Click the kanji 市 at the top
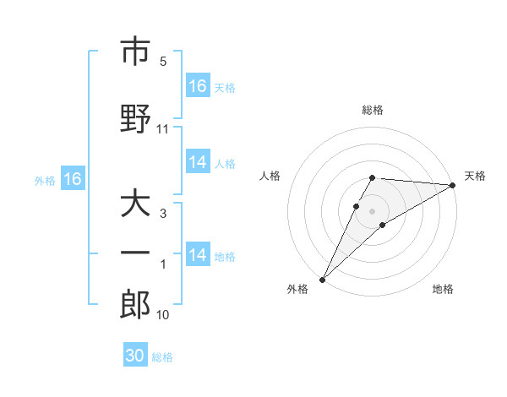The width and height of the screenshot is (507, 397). click(x=135, y=52)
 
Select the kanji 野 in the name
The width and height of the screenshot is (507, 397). click(x=135, y=117)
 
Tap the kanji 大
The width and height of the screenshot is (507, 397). click(x=135, y=204)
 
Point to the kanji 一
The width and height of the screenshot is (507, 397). click(x=135, y=252)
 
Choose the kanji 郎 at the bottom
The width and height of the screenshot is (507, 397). click(x=135, y=305)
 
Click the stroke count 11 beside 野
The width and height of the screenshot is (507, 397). click(x=163, y=129)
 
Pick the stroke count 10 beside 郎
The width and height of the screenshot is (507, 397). click(x=163, y=315)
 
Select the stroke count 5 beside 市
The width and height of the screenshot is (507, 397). click(x=163, y=62)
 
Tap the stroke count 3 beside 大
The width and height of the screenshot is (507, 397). click(x=163, y=214)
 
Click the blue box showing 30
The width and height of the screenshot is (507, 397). click(x=135, y=356)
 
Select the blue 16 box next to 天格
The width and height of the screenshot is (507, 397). click(x=198, y=86)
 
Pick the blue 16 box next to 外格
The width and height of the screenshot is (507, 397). click(x=72, y=179)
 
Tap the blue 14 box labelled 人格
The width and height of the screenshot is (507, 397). click(x=198, y=162)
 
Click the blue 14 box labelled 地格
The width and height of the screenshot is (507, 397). click(x=198, y=255)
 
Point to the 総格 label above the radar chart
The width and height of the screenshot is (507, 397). click(x=373, y=110)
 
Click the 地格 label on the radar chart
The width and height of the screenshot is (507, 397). click(x=443, y=289)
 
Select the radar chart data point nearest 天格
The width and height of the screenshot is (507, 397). click(x=453, y=186)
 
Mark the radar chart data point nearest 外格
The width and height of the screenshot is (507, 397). click(x=322, y=279)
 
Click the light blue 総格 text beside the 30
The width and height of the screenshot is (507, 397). click(x=162, y=357)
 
